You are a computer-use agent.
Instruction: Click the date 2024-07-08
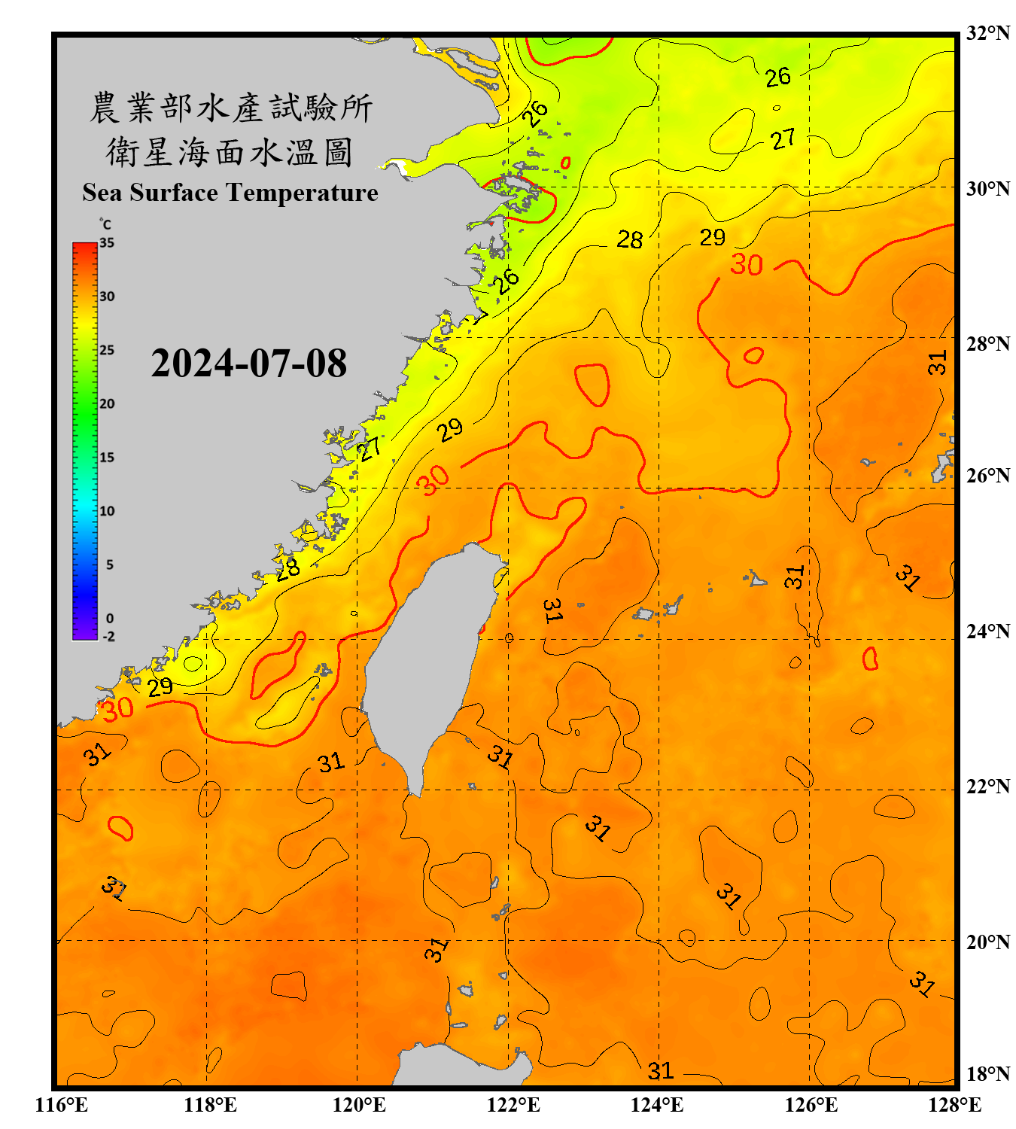pos(248,364)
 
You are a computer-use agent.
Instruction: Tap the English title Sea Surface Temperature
pos(230,193)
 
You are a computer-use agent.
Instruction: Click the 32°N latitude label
pos(987,33)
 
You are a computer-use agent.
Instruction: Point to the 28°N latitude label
pos(987,344)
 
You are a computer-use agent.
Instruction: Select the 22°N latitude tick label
pos(987,787)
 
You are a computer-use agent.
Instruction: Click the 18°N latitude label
pos(987,1074)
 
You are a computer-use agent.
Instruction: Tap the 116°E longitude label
pos(62,1105)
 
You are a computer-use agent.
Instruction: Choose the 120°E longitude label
pos(359,1105)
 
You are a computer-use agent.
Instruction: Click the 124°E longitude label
pos(657,1105)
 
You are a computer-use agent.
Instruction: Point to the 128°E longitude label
pos(954,1105)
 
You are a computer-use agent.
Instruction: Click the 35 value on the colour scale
pos(107,243)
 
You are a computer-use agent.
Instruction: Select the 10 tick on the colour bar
pos(107,511)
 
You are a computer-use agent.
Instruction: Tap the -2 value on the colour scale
pos(108,636)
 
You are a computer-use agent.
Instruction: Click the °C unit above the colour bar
pos(105,224)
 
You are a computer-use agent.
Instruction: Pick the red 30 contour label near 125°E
pos(747,265)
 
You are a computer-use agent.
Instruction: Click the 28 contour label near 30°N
pos(630,240)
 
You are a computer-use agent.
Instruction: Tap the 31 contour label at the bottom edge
pos(660,1070)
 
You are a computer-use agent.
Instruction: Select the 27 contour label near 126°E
pos(783,139)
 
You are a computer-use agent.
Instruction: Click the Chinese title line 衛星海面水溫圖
pos(230,153)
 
